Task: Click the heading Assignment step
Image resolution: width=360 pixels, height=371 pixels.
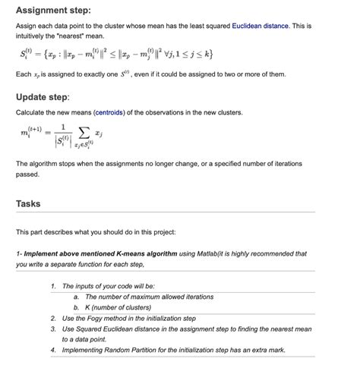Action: [53, 11]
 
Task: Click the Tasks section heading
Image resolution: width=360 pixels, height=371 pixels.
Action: [29, 203]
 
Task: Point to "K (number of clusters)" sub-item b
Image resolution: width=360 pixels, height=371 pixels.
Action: [121, 308]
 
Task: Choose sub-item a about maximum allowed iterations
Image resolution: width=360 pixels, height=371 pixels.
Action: [144, 297]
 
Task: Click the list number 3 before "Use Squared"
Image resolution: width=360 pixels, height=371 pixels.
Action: [52, 329]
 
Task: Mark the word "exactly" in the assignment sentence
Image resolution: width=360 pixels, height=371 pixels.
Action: [96, 74]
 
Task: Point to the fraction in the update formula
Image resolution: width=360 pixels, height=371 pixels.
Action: [65, 134]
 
